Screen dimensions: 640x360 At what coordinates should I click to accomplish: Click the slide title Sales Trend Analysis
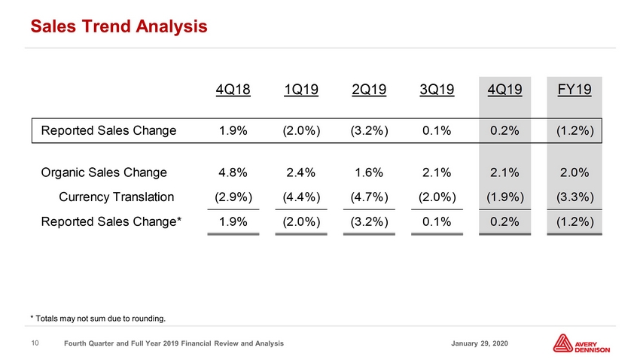click(x=119, y=26)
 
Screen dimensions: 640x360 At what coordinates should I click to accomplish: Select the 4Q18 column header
click(x=233, y=90)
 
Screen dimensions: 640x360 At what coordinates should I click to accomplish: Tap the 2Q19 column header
click(x=369, y=90)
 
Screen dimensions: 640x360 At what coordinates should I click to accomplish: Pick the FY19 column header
click(x=574, y=90)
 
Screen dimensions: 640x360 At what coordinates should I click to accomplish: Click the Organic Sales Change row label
click(x=104, y=172)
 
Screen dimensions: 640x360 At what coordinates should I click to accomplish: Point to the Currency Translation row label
click(x=116, y=197)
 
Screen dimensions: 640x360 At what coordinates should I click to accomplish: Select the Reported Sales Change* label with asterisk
click(x=111, y=221)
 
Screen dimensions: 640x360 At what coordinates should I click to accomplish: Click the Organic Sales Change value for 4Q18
click(x=233, y=172)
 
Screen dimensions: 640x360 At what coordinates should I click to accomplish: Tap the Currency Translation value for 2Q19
click(x=369, y=197)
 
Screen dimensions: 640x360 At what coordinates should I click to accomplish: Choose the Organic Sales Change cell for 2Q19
click(x=369, y=172)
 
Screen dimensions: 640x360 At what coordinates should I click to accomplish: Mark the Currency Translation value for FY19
click(x=574, y=197)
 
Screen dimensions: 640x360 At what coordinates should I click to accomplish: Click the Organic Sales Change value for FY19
click(x=574, y=172)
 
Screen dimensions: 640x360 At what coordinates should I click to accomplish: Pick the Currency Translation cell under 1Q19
click(x=301, y=197)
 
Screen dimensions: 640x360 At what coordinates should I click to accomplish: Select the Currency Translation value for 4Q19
click(x=505, y=197)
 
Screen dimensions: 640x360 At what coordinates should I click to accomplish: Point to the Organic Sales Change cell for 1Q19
click(x=301, y=172)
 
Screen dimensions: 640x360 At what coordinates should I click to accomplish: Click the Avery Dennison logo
click(x=581, y=343)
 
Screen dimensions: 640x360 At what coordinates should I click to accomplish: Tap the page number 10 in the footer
click(x=35, y=343)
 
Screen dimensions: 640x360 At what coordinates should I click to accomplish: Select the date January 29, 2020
click(x=480, y=343)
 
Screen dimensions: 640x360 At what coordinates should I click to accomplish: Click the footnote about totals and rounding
click(x=98, y=319)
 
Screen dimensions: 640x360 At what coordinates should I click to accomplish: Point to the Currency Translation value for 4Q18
click(x=233, y=197)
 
